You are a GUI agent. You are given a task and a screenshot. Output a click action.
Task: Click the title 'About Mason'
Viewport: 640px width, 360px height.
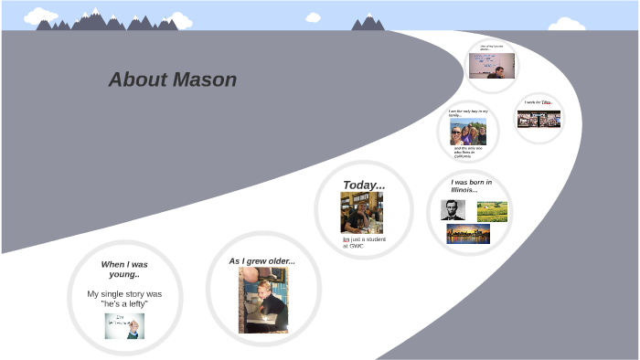tap(173, 80)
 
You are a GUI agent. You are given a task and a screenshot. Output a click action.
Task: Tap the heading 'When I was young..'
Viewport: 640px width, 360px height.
tap(124, 269)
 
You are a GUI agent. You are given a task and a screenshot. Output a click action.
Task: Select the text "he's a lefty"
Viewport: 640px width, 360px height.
tap(124, 303)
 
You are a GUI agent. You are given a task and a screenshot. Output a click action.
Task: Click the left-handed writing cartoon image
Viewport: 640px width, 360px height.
tap(124, 325)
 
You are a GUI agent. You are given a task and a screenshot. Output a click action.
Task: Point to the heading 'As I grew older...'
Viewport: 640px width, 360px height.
tap(262, 261)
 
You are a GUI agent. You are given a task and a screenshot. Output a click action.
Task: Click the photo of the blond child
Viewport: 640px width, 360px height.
tap(263, 301)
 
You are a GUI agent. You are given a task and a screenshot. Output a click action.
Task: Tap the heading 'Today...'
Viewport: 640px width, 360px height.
tap(364, 185)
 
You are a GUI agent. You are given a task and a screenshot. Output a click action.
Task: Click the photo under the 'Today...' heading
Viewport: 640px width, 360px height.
tap(362, 213)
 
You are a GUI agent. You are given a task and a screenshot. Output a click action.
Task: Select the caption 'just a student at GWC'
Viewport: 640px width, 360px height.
tap(364, 242)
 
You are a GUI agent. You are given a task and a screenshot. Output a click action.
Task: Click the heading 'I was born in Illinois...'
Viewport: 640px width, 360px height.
tap(471, 185)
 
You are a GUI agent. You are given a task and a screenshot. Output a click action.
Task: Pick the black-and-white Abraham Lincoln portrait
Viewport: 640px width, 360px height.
tap(453, 210)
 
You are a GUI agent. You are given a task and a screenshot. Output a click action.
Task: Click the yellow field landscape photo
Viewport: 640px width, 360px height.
tap(492, 212)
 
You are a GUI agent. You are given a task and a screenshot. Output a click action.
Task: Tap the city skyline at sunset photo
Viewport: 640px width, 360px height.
tap(468, 234)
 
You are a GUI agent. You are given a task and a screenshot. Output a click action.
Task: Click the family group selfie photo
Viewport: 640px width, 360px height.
tap(468, 132)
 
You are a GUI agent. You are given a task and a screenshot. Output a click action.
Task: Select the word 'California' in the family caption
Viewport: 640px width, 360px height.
tap(463, 156)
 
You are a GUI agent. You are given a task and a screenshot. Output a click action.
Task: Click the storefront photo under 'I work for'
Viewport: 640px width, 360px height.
tap(539, 120)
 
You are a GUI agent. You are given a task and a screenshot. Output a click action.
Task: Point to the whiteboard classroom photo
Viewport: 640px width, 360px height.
tap(492, 66)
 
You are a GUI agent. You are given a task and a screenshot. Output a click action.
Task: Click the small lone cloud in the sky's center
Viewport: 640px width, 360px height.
tap(313, 17)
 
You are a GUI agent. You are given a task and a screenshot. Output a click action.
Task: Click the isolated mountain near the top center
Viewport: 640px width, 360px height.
tap(368, 23)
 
